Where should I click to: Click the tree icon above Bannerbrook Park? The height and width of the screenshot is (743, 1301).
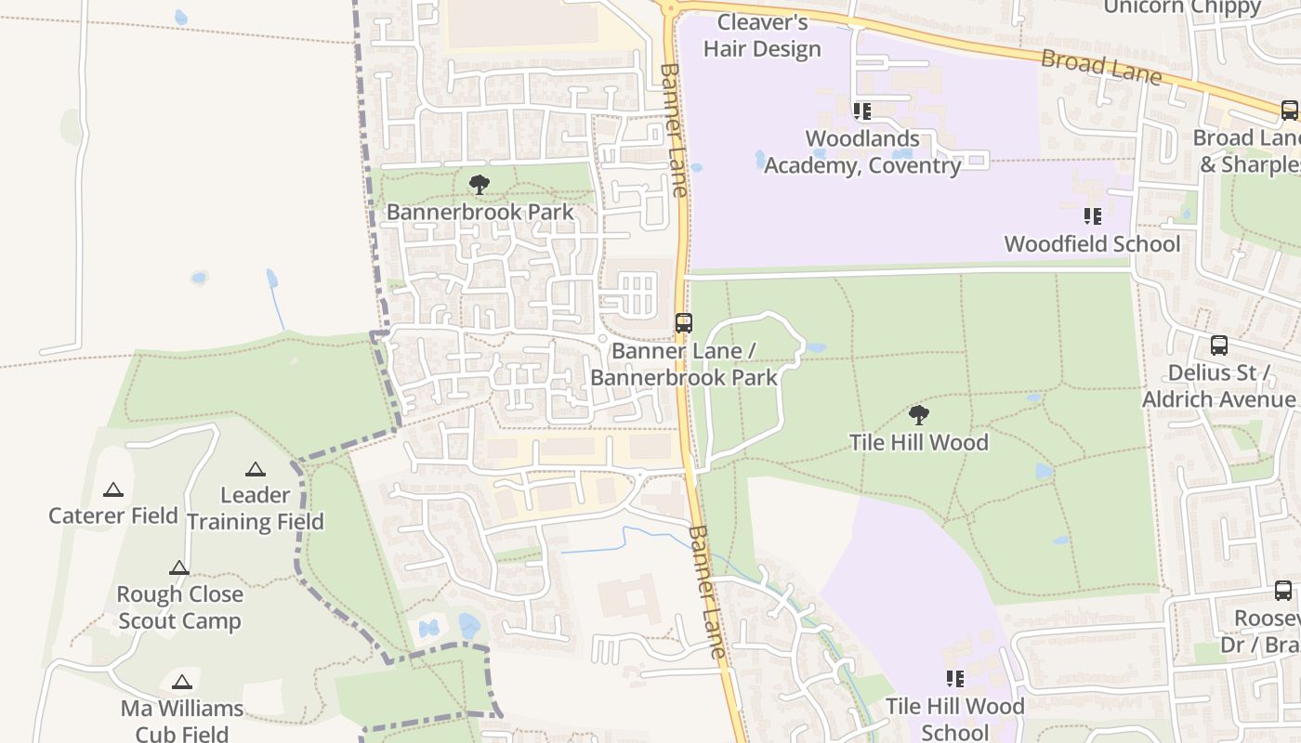click(x=479, y=184)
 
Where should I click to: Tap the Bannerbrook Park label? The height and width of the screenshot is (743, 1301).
click(x=480, y=212)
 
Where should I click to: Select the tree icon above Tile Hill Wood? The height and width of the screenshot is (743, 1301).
click(x=918, y=414)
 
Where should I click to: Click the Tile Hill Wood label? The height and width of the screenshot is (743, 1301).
click(x=918, y=442)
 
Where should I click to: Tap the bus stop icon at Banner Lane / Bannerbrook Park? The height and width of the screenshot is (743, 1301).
click(x=683, y=323)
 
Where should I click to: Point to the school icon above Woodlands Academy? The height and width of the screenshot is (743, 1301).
click(x=861, y=111)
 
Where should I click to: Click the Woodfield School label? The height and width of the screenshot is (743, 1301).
click(x=1092, y=244)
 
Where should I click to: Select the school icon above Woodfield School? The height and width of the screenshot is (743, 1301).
click(x=1092, y=216)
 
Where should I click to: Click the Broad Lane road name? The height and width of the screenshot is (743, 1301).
click(x=1101, y=66)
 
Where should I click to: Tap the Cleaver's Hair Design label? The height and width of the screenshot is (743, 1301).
click(x=762, y=35)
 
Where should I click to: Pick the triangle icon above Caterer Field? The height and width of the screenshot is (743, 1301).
click(x=113, y=489)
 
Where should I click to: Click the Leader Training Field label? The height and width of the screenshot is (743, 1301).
click(x=255, y=508)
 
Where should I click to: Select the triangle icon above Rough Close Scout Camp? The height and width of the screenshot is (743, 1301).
click(x=179, y=567)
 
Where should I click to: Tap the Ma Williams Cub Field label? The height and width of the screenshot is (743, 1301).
click(x=182, y=721)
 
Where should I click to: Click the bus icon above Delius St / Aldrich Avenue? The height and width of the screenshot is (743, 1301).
click(x=1218, y=345)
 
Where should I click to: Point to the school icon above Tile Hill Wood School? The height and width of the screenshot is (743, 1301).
click(x=954, y=679)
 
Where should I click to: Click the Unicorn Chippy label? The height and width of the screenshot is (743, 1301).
click(x=1181, y=7)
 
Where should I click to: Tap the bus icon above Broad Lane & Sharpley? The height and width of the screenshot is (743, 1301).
click(x=1289, y=110)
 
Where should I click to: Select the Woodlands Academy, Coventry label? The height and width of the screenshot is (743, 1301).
click(x=862, y=152)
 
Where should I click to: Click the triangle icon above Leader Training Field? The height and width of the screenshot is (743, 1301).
click(x=255, y=469)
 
